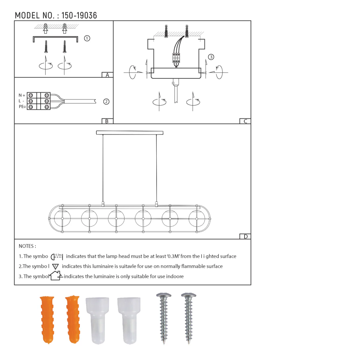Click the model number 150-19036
[79, 16]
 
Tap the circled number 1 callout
[87, 38]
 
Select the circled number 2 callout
[106, 102]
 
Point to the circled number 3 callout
[211, 57]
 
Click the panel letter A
[107, 75]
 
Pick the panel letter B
[107, 121]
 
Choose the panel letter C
[245, 121]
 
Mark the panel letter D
[246, 236]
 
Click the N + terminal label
[22, 95]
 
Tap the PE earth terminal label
[22, 107]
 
